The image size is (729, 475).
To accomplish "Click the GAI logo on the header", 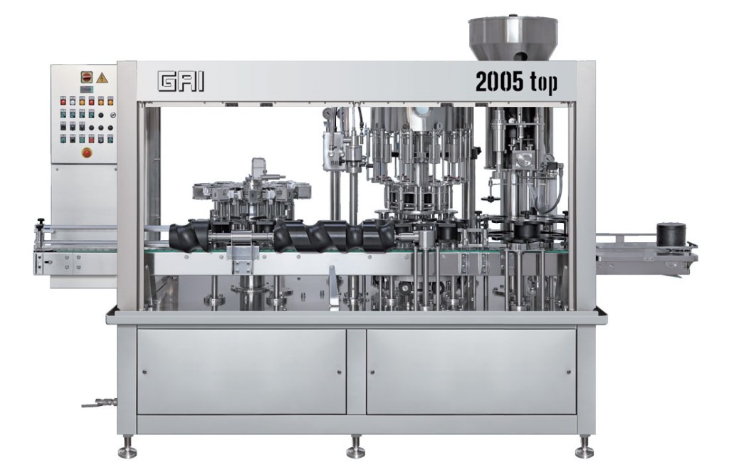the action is pyautogui.click(x=182, y=83).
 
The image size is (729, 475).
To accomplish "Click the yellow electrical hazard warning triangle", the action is pyautogui.click(x=104, y=77).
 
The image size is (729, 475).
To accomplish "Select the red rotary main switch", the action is pyautogui.click(x=87, y=77).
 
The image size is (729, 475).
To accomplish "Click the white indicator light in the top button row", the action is pyautogui.click(x=73, y=101).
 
